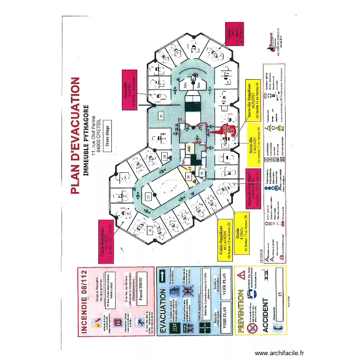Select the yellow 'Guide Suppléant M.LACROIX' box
pos(226,242)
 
